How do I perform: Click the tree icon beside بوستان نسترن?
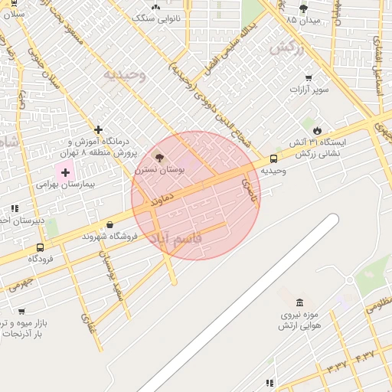159,157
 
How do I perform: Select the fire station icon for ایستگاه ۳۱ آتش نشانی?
318,129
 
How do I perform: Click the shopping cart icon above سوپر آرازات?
309,77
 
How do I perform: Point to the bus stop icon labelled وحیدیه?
273,158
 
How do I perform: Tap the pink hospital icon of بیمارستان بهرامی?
65,172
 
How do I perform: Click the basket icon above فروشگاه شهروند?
111,225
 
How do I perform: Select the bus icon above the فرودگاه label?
40,247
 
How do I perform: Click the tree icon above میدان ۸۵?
303,8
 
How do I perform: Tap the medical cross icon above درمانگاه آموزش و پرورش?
98,129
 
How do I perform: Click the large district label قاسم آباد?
175,239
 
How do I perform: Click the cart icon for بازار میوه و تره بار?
21,312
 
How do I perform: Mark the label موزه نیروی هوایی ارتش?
300,320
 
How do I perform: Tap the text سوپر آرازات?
309,90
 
